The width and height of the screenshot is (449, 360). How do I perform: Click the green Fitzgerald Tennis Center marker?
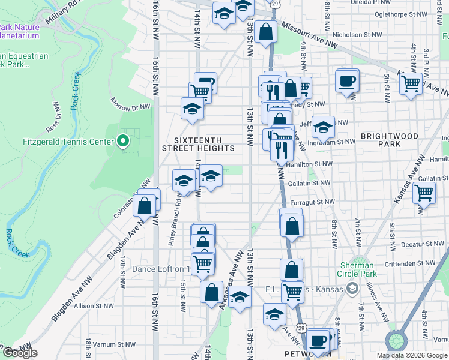[123, 142]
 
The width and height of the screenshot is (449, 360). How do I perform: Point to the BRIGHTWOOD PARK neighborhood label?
[389, 140]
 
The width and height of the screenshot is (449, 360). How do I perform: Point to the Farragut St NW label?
[312, 202]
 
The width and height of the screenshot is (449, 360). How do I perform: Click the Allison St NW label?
[93, 305]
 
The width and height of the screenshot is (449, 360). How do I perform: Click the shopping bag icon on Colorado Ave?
[145, 205]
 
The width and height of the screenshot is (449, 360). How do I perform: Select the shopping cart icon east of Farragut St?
[424, 193]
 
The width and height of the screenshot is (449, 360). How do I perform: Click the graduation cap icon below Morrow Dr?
[191, 109]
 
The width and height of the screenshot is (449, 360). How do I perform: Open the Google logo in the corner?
[20, 353]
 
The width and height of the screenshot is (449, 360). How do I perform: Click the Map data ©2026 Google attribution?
[412, 355]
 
